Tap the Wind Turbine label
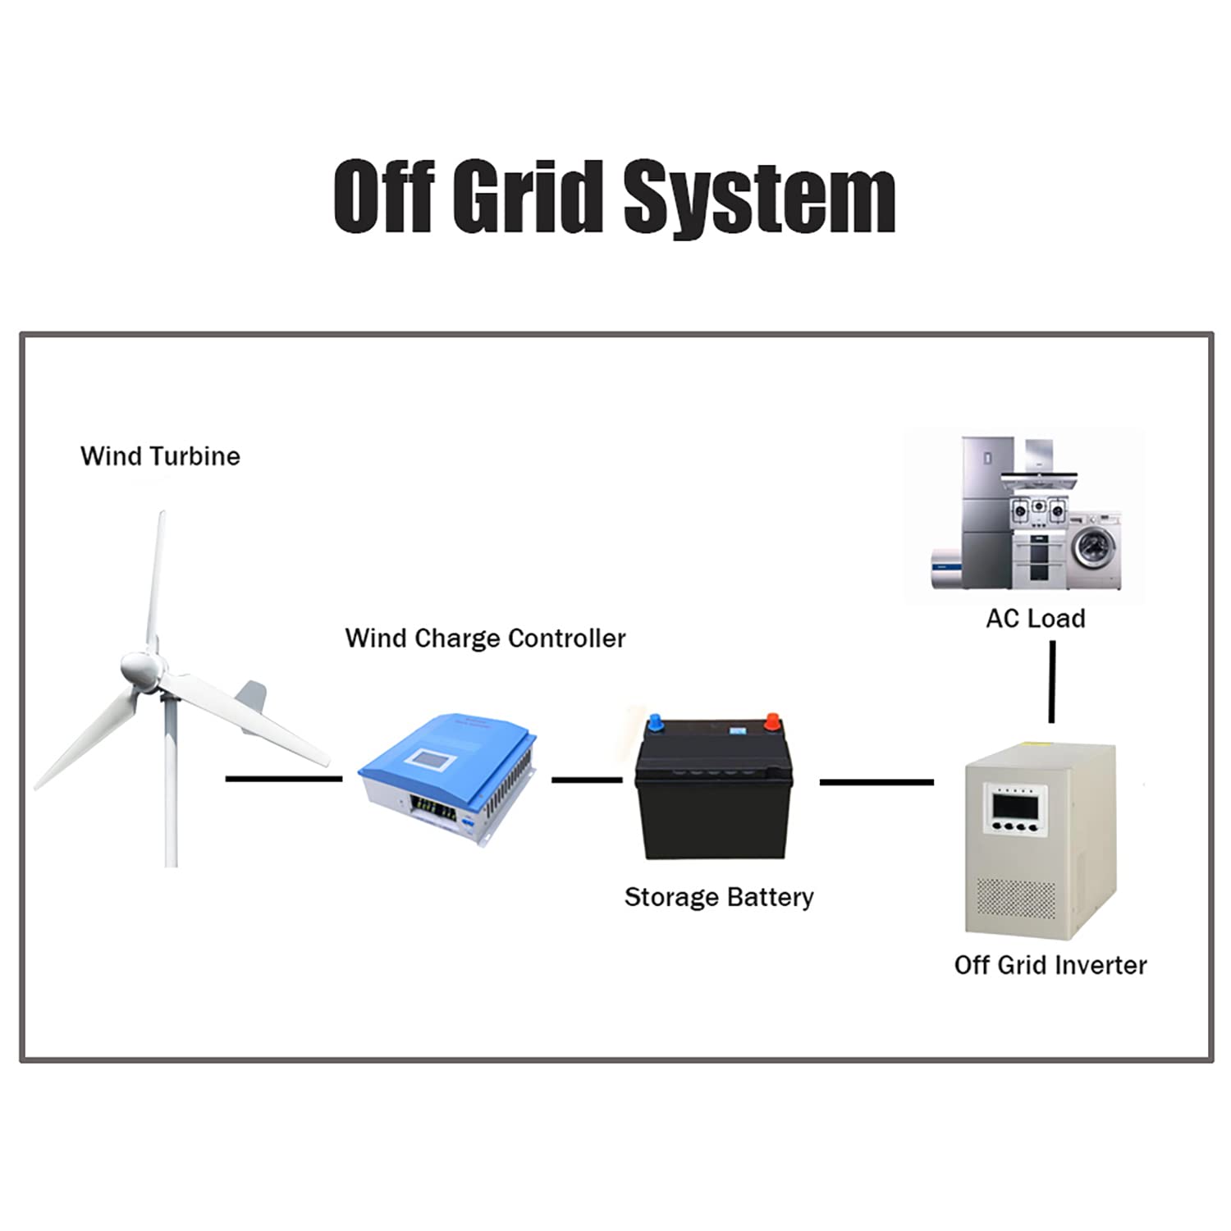coord(160,456)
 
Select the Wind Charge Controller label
coord(485,638)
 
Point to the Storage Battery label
coord(719,897)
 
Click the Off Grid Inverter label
coord(1050,965)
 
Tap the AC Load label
coord(1036,618)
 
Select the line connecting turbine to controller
coord(283,778)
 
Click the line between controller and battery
coord(587,780)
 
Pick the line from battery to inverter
coord(876,782)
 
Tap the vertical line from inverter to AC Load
coord(1052,681)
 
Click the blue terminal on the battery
coord(657,723)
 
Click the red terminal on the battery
coord(771,721)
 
